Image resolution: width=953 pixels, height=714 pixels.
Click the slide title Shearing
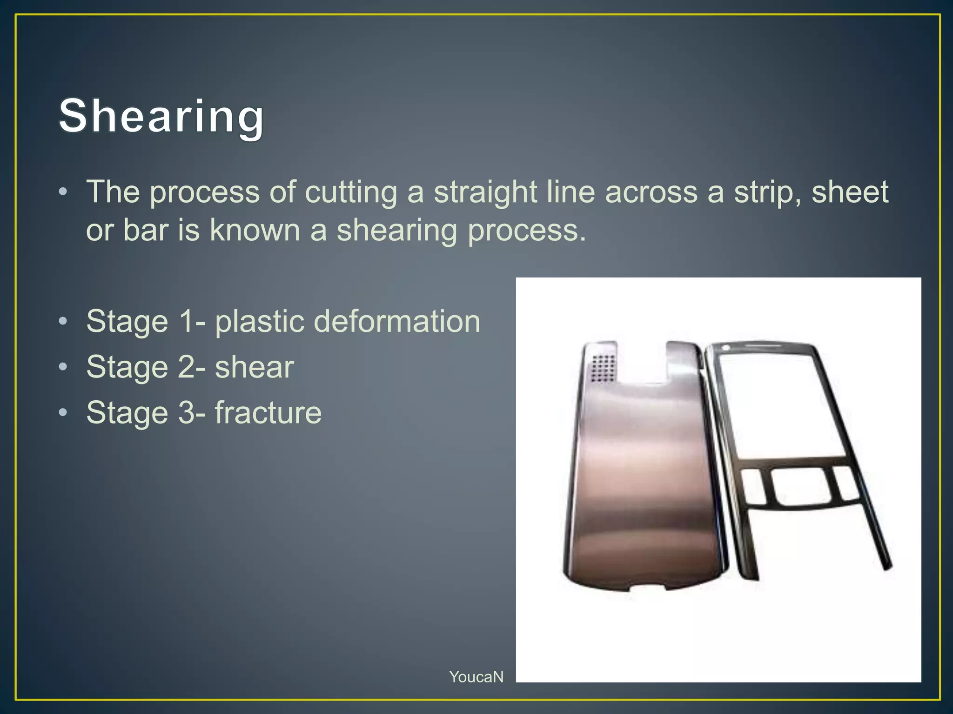pos(161,116)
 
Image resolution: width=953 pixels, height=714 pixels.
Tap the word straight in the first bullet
pos(485,192)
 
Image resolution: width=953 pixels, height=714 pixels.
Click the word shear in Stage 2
pos(254,367)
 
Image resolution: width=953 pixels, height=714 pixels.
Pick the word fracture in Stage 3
pos(268,413)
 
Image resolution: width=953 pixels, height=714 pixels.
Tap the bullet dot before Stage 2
pos(63,367)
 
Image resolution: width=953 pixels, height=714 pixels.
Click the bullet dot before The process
pos(63,192)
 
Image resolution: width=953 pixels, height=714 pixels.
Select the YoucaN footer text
pos(476,677)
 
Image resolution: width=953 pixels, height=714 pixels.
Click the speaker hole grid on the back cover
pos(604,369)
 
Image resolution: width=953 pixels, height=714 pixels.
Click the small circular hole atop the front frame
pos(725,348)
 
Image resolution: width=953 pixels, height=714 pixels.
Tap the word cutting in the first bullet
pos(351,192)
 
